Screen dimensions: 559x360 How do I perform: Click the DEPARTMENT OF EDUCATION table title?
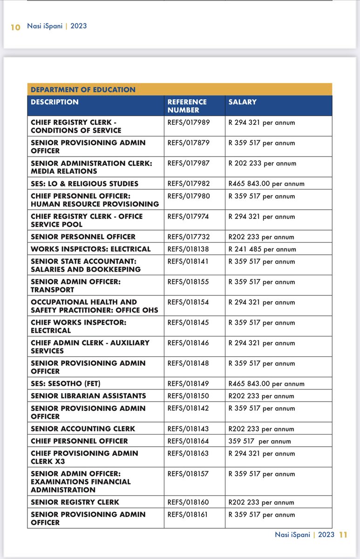coord(83,89)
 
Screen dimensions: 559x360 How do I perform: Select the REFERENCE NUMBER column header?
coord(187,106)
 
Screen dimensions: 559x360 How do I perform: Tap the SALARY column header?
coord(242,102)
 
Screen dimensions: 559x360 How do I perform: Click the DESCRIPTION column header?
coord(54,102)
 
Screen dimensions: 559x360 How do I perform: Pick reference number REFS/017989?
coord(189,123)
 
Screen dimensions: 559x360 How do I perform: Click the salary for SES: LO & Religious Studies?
coord(266,184)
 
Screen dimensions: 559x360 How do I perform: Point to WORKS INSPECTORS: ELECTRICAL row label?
coord(91,249)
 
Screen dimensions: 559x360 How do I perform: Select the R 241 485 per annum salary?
coord(262,249)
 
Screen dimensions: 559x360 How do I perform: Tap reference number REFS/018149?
coord(189,384)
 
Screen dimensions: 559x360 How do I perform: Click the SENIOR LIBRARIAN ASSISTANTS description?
coord(88,396)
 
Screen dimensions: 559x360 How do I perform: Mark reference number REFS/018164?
coord(189,441)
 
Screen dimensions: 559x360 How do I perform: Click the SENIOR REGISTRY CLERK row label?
coord(75,502)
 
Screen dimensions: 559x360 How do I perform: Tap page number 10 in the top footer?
coord(15,27)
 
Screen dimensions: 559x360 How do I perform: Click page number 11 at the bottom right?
coord(343,535)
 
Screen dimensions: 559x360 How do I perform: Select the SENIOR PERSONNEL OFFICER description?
coord(83,237)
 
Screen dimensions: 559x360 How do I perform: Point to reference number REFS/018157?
coord(189,474)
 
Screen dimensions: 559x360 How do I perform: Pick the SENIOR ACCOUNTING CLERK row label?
coord(83,429)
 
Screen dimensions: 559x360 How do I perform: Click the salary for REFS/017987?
coord(262,164)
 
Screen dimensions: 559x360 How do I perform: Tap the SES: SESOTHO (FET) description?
coord(66,384)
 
